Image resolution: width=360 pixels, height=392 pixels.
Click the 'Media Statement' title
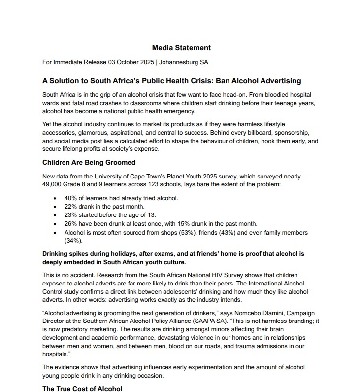(181, 48)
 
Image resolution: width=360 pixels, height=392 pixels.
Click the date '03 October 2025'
(131, 62)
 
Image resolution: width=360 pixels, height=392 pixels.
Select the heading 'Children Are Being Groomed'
(89, 162)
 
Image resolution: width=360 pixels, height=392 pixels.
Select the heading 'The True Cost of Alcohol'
(82, 389)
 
